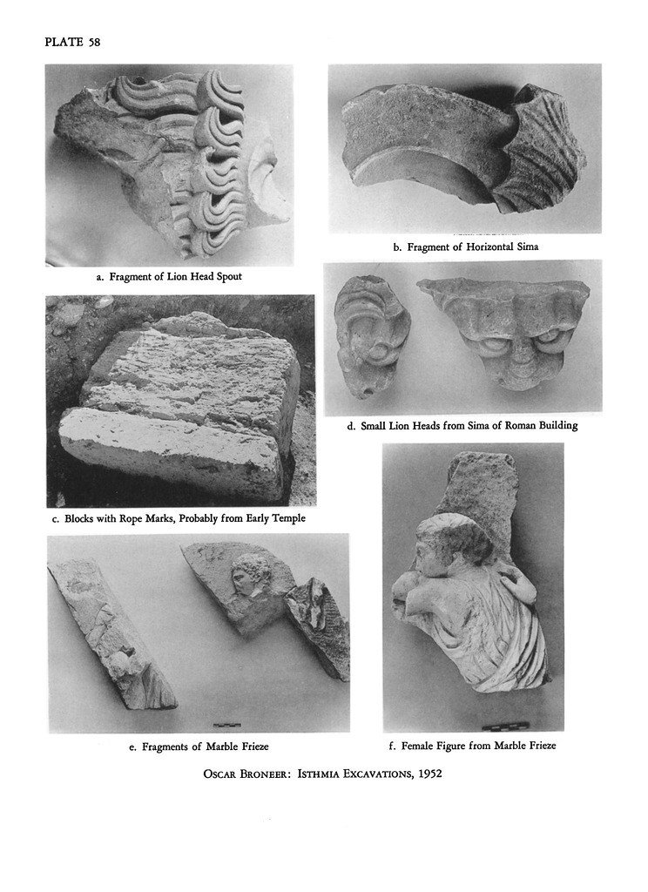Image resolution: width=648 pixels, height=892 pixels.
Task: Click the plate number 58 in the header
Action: point(94,42)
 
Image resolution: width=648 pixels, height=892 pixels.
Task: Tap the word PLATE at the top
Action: point(64,42)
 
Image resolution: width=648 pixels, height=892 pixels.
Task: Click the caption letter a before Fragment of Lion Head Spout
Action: point(99,277)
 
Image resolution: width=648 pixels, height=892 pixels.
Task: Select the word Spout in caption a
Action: point(228,277)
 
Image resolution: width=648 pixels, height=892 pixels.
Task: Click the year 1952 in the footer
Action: point(430,774)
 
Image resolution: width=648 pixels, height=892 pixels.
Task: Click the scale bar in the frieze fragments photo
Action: point(226,725)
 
